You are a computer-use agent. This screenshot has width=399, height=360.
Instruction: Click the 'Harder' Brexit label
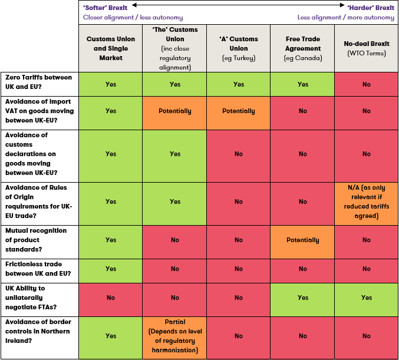tap(371, 7)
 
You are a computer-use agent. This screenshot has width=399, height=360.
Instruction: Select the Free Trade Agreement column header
tap(302, 48)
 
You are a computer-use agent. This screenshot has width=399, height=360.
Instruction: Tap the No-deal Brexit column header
tap(366, 48)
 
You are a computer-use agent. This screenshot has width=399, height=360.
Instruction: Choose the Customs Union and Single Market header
tap(111, 48)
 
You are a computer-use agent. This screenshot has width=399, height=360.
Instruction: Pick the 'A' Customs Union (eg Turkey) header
tap(238, 48)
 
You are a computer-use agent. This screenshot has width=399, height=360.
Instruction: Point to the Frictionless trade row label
tap(38, 269)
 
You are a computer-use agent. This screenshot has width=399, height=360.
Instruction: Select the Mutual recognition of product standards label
tap(38, 240)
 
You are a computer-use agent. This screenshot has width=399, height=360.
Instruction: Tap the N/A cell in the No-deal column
tap(366, 202)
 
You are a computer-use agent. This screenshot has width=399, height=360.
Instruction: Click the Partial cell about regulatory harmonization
tap(174, 336)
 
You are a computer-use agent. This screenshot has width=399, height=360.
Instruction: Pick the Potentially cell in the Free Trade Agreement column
tap(302, 240)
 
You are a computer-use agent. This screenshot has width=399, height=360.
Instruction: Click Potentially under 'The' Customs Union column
tap(174, 111)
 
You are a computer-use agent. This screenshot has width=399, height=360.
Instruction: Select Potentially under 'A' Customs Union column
tap(238, 111)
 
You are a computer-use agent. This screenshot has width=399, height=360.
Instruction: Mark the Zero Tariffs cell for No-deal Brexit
tap(366, 84)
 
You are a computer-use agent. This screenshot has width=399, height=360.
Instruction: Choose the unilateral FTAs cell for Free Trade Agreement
tap(302, 298)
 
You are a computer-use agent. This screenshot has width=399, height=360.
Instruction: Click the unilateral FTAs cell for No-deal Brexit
tap(366, 298)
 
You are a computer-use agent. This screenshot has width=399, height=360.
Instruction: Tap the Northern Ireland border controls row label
tap(38, 336)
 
